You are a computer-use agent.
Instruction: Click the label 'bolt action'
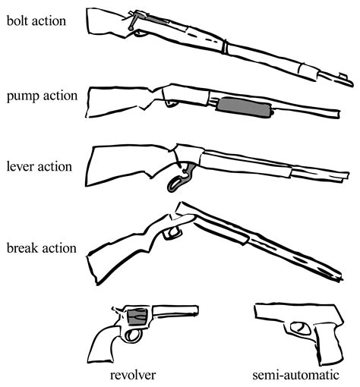click(36, 20)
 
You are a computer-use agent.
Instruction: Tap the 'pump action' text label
click(42, 96)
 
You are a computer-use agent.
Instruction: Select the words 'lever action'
click(39, 166)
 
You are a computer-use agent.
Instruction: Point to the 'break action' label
click(42, 248)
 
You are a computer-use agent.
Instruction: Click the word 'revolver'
click(133, 375)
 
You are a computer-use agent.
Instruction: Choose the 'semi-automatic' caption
click(295, 375)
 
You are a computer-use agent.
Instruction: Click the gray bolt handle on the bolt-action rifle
click(133, 21)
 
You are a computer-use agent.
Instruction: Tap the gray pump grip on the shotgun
click(245, 108)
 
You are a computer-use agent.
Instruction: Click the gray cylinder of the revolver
click(137, 316)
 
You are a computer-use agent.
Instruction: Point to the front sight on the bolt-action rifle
click(343, 75)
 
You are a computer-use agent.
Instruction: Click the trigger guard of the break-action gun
click(172, 232)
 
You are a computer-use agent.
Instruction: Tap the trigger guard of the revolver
click(133, 336)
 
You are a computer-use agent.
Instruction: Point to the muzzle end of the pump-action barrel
click(339, 114)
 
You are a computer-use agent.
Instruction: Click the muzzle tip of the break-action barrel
click(340, 278)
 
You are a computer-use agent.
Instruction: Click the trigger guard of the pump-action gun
click(172, 103)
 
